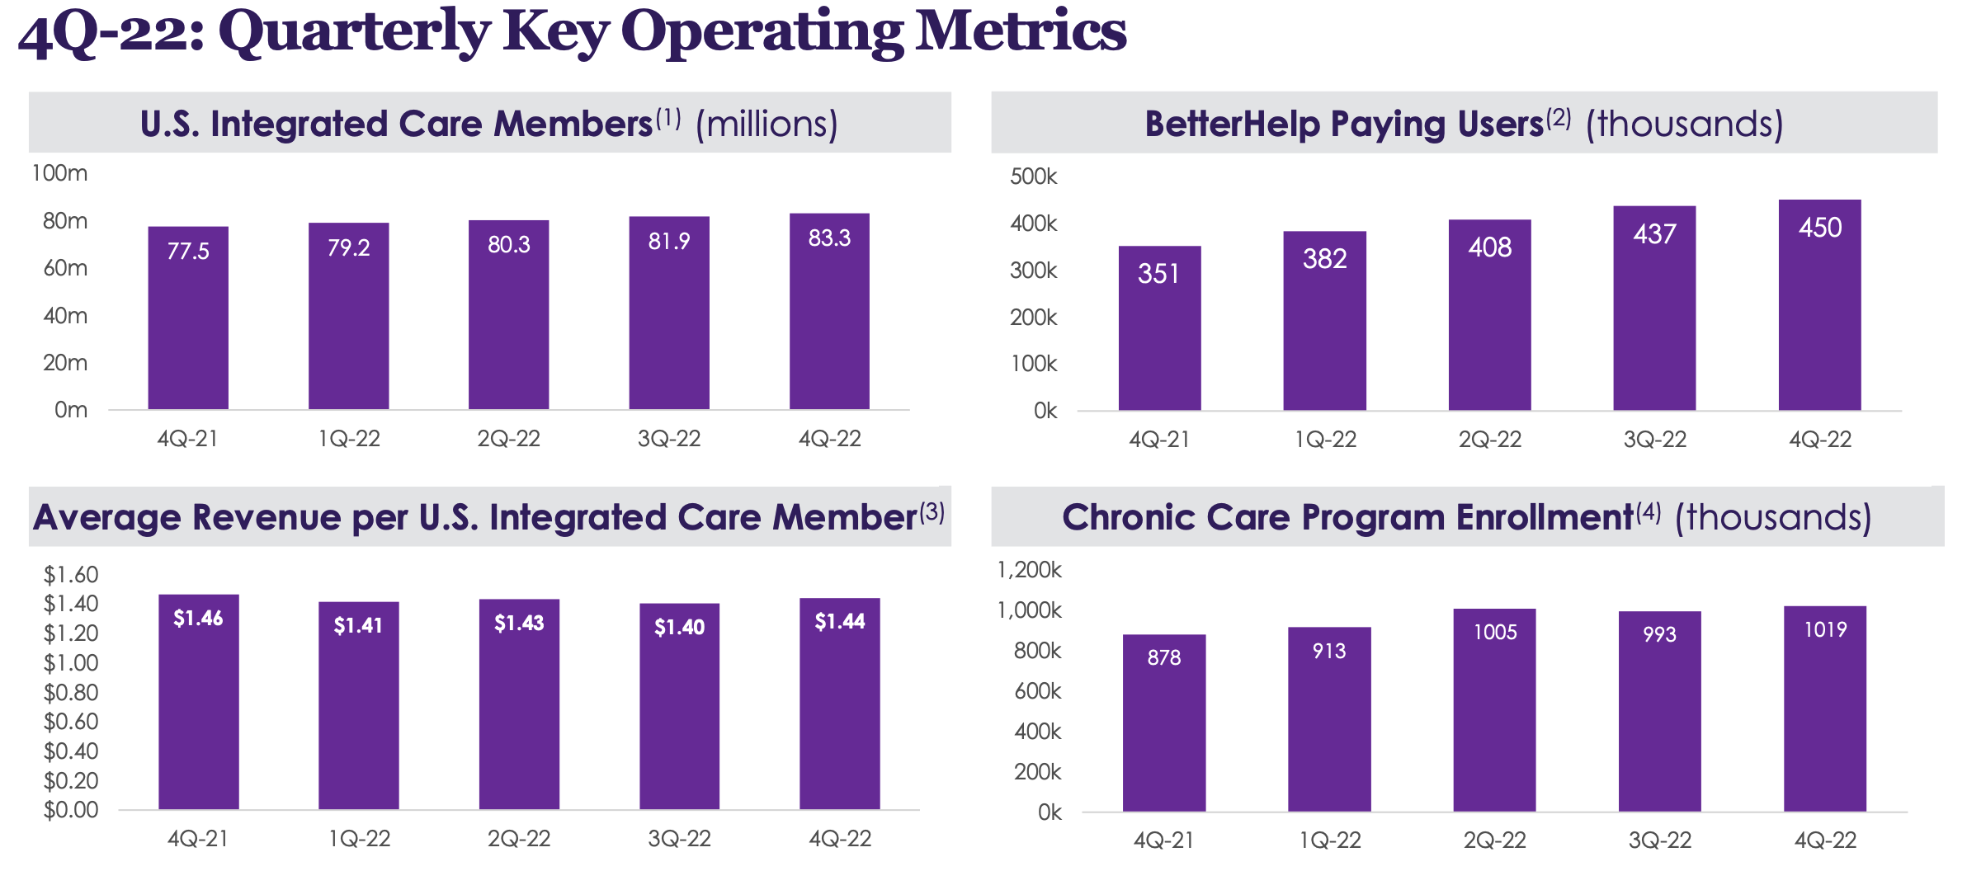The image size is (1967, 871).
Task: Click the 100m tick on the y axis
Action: tap(59, 173)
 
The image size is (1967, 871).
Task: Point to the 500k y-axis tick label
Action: tap(1033, 177)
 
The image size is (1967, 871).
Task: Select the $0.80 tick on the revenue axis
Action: tap(71, 692)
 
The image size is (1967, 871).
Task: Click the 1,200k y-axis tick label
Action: tap(1029, 570)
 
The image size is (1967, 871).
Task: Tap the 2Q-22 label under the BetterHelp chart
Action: tap(1489, 440)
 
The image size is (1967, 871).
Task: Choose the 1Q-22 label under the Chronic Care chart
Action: tap(1329, 840)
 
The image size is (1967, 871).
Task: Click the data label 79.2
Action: tap(348, 247)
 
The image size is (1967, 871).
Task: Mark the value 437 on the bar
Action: tap(1654, 234)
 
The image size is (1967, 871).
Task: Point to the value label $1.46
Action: tap(198, 618)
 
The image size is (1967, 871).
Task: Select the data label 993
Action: tap(1659, 634)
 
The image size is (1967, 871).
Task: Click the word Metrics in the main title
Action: tap(1021, 31)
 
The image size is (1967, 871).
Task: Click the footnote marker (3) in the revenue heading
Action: tap(932, 512)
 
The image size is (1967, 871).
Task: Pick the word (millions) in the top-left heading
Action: tap(767, 125)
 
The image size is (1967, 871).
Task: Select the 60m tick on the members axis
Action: tap(65, 268)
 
